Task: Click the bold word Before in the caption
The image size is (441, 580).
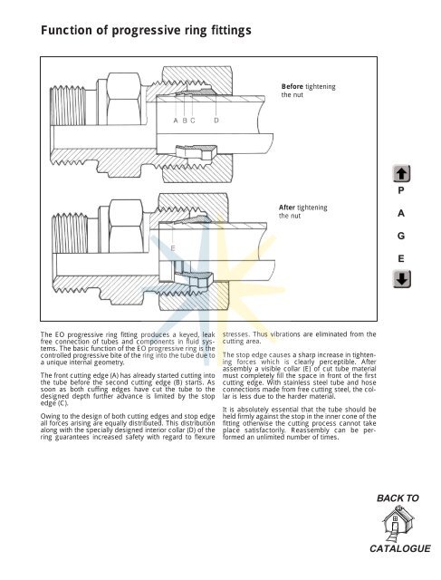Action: (x=297, y=85)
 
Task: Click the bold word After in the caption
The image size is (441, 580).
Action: (x=292, y=208)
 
